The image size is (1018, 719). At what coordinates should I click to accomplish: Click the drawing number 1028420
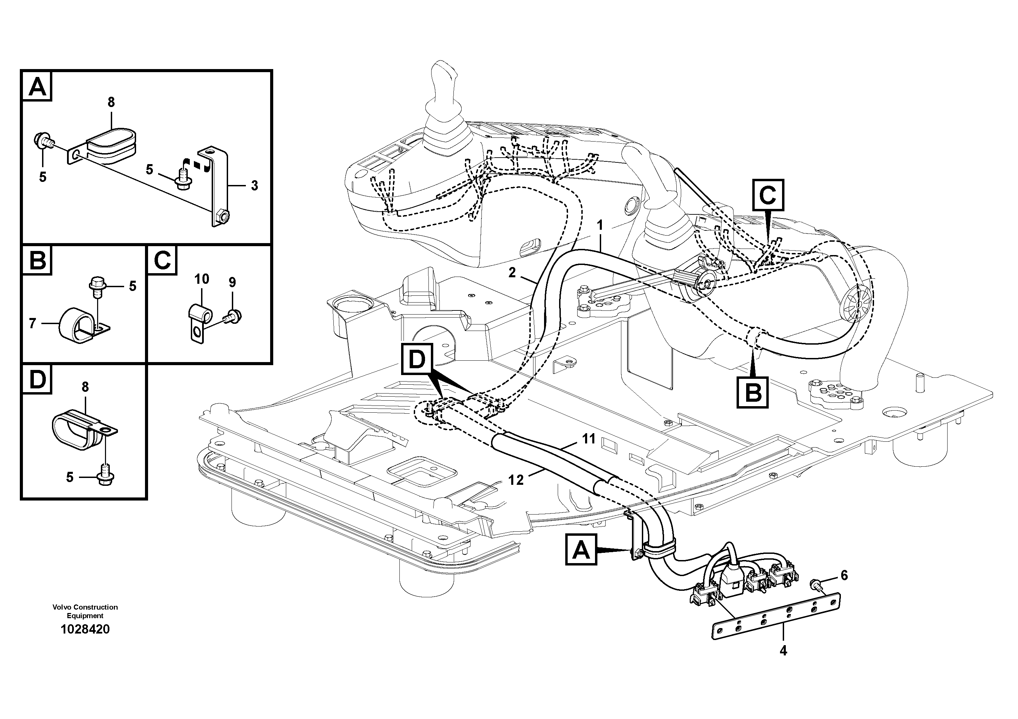click(x=85, y=629)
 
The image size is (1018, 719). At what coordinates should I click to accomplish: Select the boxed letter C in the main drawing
click(x=768, y=195)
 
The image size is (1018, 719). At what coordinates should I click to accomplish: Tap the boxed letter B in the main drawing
click(x=753, y=392)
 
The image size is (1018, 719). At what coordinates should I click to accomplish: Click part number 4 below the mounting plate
click(x=783, y=651)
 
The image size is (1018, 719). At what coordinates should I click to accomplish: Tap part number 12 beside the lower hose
click(x=516, y=480)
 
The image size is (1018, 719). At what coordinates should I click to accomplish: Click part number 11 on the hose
click(x=589, y=439)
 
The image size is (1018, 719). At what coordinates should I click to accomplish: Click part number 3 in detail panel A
click(x=254, y=185)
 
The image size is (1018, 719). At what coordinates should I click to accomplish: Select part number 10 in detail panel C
click(x=202, y=279)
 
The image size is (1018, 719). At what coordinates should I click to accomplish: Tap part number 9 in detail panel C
click(x=232, y=282)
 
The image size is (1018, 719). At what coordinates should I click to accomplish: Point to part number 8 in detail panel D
click(x=85, y=387)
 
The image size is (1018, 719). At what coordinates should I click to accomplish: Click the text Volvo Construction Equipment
click(x=85, y=611)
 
